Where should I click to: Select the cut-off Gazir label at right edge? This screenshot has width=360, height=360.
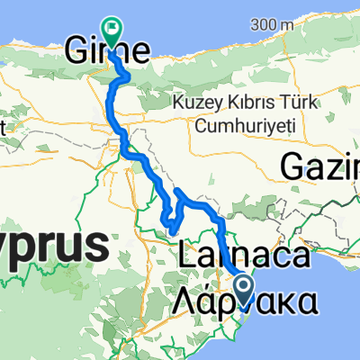pos(320,166)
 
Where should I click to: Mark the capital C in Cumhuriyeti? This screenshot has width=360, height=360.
pos(200,122)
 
